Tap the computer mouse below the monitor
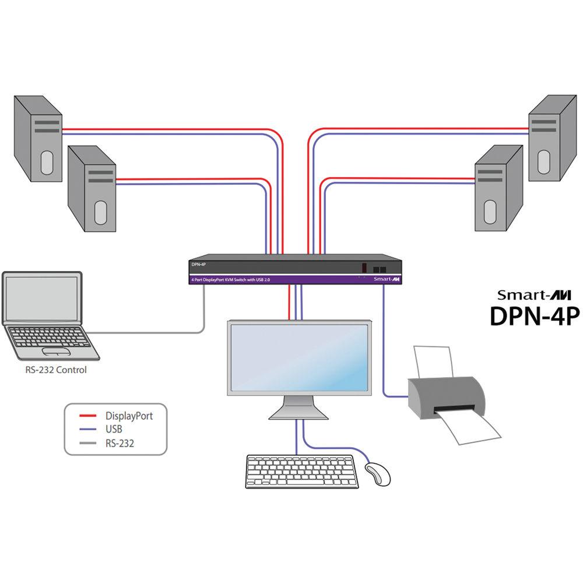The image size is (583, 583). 378,473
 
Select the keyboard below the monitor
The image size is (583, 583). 302,471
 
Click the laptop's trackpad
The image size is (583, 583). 57,352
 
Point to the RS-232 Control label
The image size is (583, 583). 55,370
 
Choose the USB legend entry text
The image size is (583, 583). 114,430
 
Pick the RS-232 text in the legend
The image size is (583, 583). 120,443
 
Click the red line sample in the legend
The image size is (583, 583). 87,416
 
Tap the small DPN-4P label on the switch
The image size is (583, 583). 199,264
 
